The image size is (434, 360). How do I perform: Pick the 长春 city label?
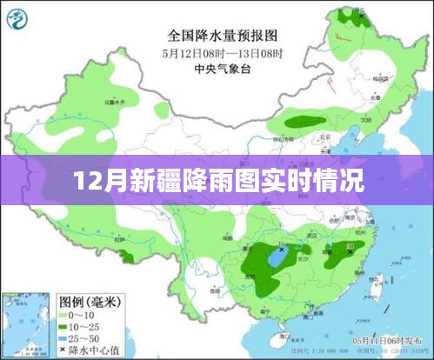374,98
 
